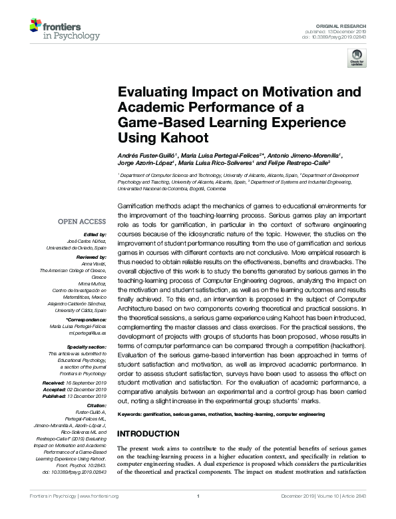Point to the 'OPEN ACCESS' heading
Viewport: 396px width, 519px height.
(x=83, y=222)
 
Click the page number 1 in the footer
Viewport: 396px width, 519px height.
(x=198, y=514)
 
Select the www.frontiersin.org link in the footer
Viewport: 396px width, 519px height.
(x=98, y=514)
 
